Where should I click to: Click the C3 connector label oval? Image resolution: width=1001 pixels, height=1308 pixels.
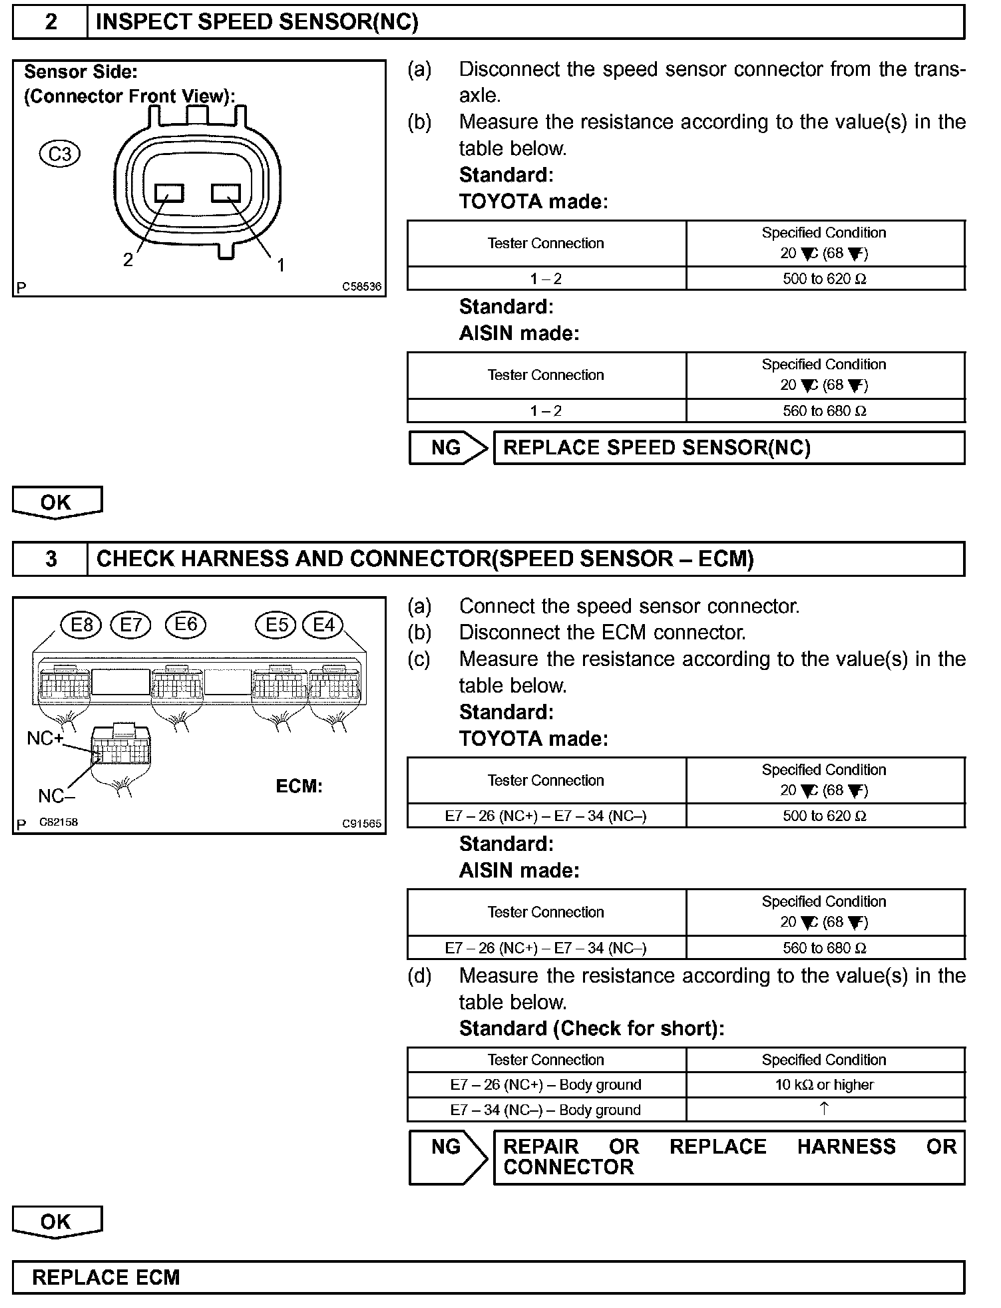tap(60, 154)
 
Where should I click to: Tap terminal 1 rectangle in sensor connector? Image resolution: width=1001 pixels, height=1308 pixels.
tap(226, 193)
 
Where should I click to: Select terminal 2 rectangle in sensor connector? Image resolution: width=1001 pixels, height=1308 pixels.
tap(169, 193)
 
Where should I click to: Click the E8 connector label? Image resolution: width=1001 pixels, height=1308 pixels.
tap(81, 625)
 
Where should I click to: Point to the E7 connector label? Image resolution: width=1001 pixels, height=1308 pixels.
tap(131, 625)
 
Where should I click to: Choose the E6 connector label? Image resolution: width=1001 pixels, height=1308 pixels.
tap(186, 624)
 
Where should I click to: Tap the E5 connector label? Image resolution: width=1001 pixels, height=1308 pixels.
tap(276, 625)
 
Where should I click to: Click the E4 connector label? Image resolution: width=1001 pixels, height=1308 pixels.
tap(323, 625)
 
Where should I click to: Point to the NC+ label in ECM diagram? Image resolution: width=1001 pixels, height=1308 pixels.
tap(45, 738)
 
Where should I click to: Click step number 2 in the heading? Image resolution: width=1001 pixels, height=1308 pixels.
tap(51, 23)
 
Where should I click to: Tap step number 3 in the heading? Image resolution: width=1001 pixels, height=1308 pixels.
tap(51, 559)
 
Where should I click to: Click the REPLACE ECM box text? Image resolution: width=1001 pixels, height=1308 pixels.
tap(106, 1277)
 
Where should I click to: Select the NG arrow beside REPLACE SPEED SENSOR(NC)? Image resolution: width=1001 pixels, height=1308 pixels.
tap(447, 448)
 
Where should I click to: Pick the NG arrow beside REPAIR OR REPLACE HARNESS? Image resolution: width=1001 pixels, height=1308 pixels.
tap(447, 1157)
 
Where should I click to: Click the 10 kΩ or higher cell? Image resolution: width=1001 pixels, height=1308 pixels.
tap(824, 1085)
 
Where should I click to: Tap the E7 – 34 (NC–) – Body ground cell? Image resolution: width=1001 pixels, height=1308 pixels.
tap(546, 1110)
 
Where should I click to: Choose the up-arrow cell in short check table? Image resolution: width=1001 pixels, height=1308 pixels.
tap(824, 1109)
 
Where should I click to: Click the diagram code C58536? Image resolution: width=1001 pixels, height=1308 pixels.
tap(362, 287)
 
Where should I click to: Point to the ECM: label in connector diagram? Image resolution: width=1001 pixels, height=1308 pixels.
tap(299, 786)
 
